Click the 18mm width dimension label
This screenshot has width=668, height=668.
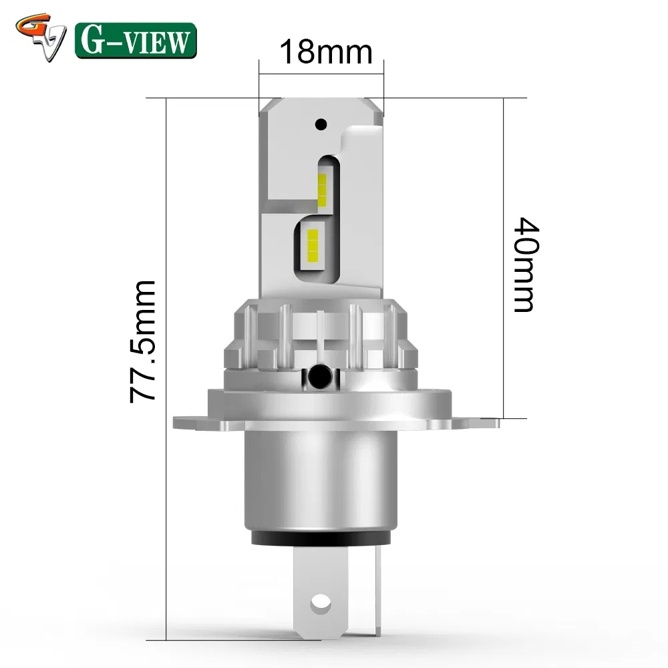pyautogui.click(x=325, y=51)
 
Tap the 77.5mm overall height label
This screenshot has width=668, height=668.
pyautogui.click(x=143, y=341)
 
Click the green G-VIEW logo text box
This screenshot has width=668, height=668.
pyautogui.click(x=136, y=40)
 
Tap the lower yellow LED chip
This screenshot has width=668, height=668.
pyautogui.click(x=312, y=244)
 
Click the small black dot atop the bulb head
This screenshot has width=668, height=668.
pyautogui.click(x=321, y=124)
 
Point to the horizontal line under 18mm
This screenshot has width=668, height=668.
pyautogui.click(x=321, y=73)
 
